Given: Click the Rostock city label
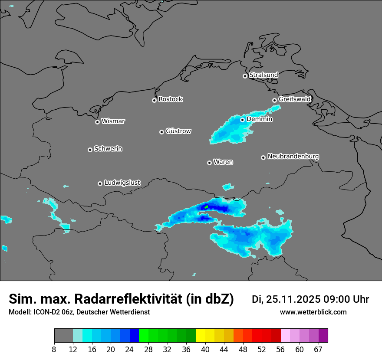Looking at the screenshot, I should pos(170,99).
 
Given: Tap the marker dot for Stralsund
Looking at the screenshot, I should pos(245,76).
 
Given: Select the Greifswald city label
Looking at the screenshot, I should pos(294,99).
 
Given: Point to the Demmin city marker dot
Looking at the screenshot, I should pos(242,120).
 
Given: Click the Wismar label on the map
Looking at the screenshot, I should pos(113,121).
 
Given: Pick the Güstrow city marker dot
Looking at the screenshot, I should pos(161,132).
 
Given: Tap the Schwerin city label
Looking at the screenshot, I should pos(108,149).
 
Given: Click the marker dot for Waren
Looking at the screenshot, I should pos(209,163).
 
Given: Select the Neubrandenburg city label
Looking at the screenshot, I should pos(293,157).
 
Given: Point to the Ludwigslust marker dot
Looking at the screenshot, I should pos(100,183).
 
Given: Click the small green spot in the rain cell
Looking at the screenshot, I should pos(207,206).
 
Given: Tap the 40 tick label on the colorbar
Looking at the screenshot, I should pos(205,350).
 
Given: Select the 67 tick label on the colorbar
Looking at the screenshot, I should pos(318,350).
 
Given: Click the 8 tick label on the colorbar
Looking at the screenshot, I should pos(54,350).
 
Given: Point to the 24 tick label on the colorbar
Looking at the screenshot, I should pos(130,350).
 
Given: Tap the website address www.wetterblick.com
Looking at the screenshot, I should pos(313,312).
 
